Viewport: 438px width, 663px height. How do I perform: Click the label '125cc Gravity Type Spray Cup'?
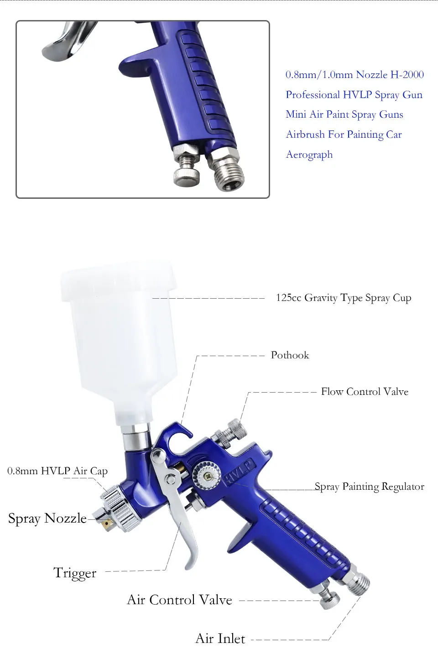coord(343,298)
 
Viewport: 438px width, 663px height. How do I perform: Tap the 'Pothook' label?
coord(290,355)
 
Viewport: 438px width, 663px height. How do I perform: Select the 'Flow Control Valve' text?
coord(365,392)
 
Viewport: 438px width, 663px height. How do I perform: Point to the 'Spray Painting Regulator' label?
coord(369,487)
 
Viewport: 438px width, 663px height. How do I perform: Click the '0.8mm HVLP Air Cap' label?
coord(57,471)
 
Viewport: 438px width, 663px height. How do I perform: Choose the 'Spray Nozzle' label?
coord(47,518)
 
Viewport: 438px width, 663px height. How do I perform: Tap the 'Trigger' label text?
coord(75,573)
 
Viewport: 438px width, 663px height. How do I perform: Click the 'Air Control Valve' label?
coord(179,600)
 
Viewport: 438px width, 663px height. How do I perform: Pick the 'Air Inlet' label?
coord(220,638)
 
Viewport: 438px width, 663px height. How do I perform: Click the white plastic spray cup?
coord(119,337)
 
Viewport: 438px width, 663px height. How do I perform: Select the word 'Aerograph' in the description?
coord(309,155)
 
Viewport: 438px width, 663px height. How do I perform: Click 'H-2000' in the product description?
coord(407,74)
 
